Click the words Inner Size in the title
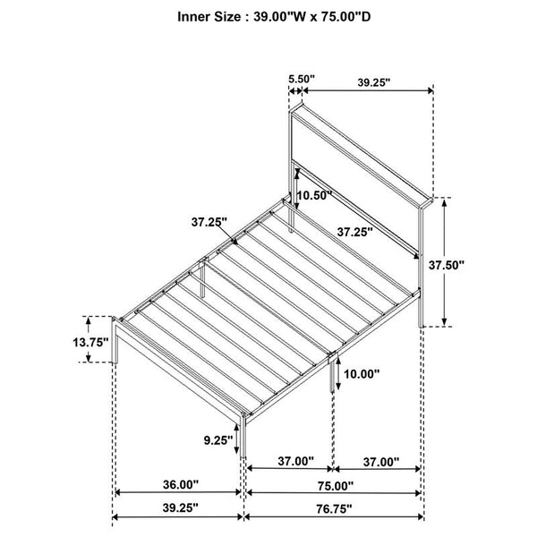(x=209, y=17)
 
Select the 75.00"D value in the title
(x=345, y=17)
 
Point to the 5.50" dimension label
(x=301, y=79)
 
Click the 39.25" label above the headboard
(x=374, y=82)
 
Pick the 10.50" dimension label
(x=314, y=195)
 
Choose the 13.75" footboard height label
(x=90, y=342)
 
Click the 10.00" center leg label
(x=362, y=374)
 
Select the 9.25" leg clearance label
(x=218, y=440)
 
